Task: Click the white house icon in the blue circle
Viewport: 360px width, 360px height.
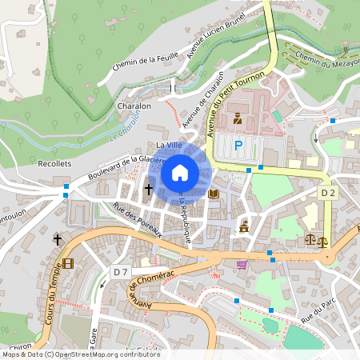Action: tap(180, 172)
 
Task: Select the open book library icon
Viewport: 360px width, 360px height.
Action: tap(213, 194)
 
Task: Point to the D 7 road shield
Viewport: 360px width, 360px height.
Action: tap(120, 272)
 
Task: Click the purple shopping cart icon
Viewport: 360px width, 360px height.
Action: tap(242, 265)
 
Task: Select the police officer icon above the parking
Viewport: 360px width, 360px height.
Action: tap(238, 119)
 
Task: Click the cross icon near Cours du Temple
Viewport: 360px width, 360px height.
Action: tap(58, 239)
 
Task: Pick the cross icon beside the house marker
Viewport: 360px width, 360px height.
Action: tap(149, 190)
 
